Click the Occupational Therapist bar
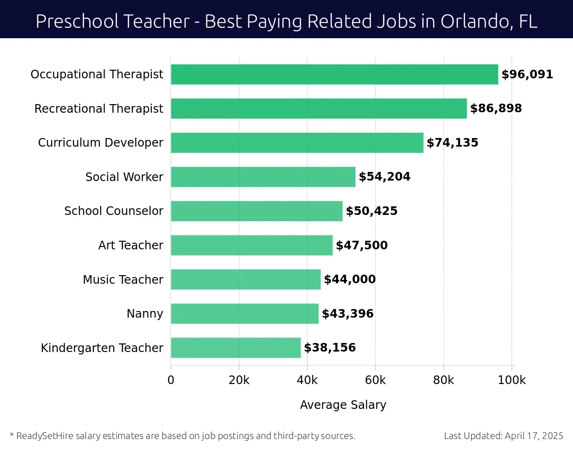334,75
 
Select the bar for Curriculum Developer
297,143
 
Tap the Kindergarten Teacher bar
236,348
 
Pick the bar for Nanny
244,314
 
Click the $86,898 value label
496,108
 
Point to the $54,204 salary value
384,177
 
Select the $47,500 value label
361,246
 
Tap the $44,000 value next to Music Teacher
350,279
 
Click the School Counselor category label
114,211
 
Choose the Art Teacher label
130,246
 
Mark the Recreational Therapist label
99,109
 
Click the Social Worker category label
124,177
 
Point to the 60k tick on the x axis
375,380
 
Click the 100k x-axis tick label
511,380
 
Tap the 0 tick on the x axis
171,380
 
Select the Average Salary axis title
343,405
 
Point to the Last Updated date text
503,436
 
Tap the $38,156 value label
329,348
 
